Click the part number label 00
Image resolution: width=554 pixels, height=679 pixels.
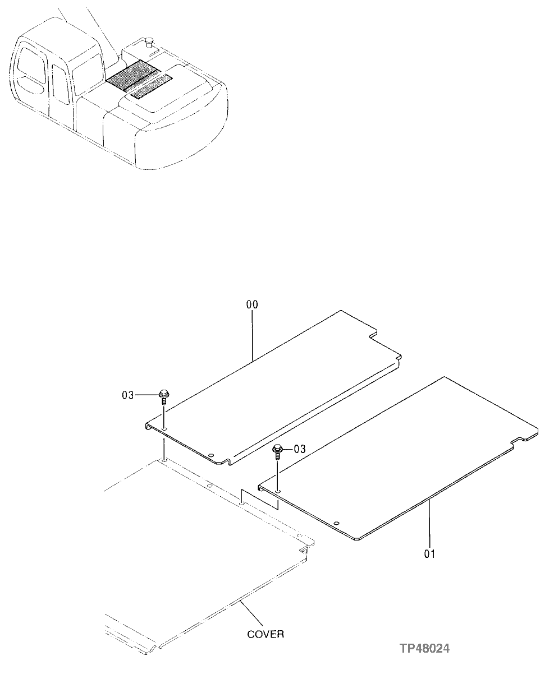pyautogui.click(x=252, y=305)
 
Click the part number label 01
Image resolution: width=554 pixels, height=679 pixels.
pyautogui.click(x=430, y=555)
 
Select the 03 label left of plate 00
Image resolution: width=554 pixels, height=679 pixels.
pyautogui.click(x=128, y=395)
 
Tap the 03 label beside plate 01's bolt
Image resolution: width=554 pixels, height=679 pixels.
pyautogui.click(x=300, y=449)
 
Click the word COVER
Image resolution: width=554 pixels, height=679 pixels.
pyautogui.click(x=265, y=634)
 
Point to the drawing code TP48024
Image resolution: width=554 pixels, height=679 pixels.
pyautogui.click(x=424, y=649)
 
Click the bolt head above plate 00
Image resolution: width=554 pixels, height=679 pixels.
pyautogui.click(x=163, y=393)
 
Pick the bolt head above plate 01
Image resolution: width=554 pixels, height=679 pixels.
pyautogui.click(x=277, y=448)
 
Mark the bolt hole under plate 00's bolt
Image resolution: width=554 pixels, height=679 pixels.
pyautogui.click(x=164, y=430)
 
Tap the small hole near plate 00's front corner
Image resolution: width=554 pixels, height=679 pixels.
pyautogui.click(x=210, y=455)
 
